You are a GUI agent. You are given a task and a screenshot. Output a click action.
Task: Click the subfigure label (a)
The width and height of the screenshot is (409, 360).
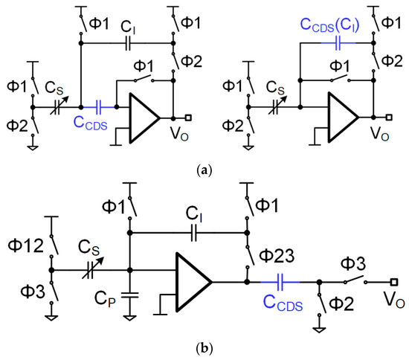pyautogui.click(x=205, y=170)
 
